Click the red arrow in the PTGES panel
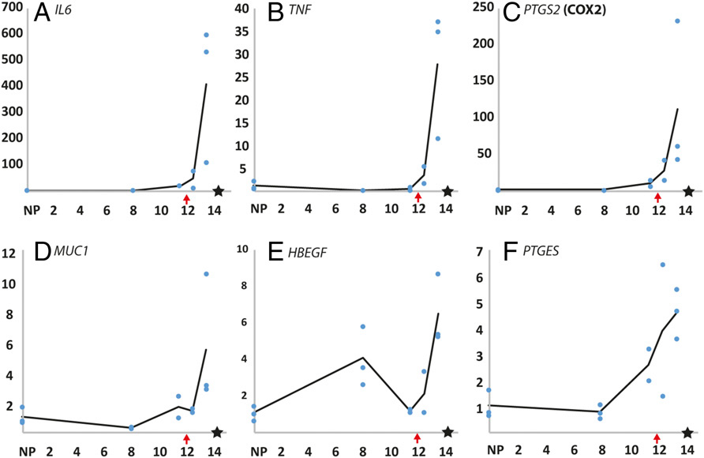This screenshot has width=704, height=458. point(657,437)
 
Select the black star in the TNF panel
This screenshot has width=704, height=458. point(447,191)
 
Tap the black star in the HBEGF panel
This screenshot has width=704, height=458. point(447,432)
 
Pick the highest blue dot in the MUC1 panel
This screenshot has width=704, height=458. point(206,274)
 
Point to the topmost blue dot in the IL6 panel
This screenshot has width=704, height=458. point(206,35)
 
